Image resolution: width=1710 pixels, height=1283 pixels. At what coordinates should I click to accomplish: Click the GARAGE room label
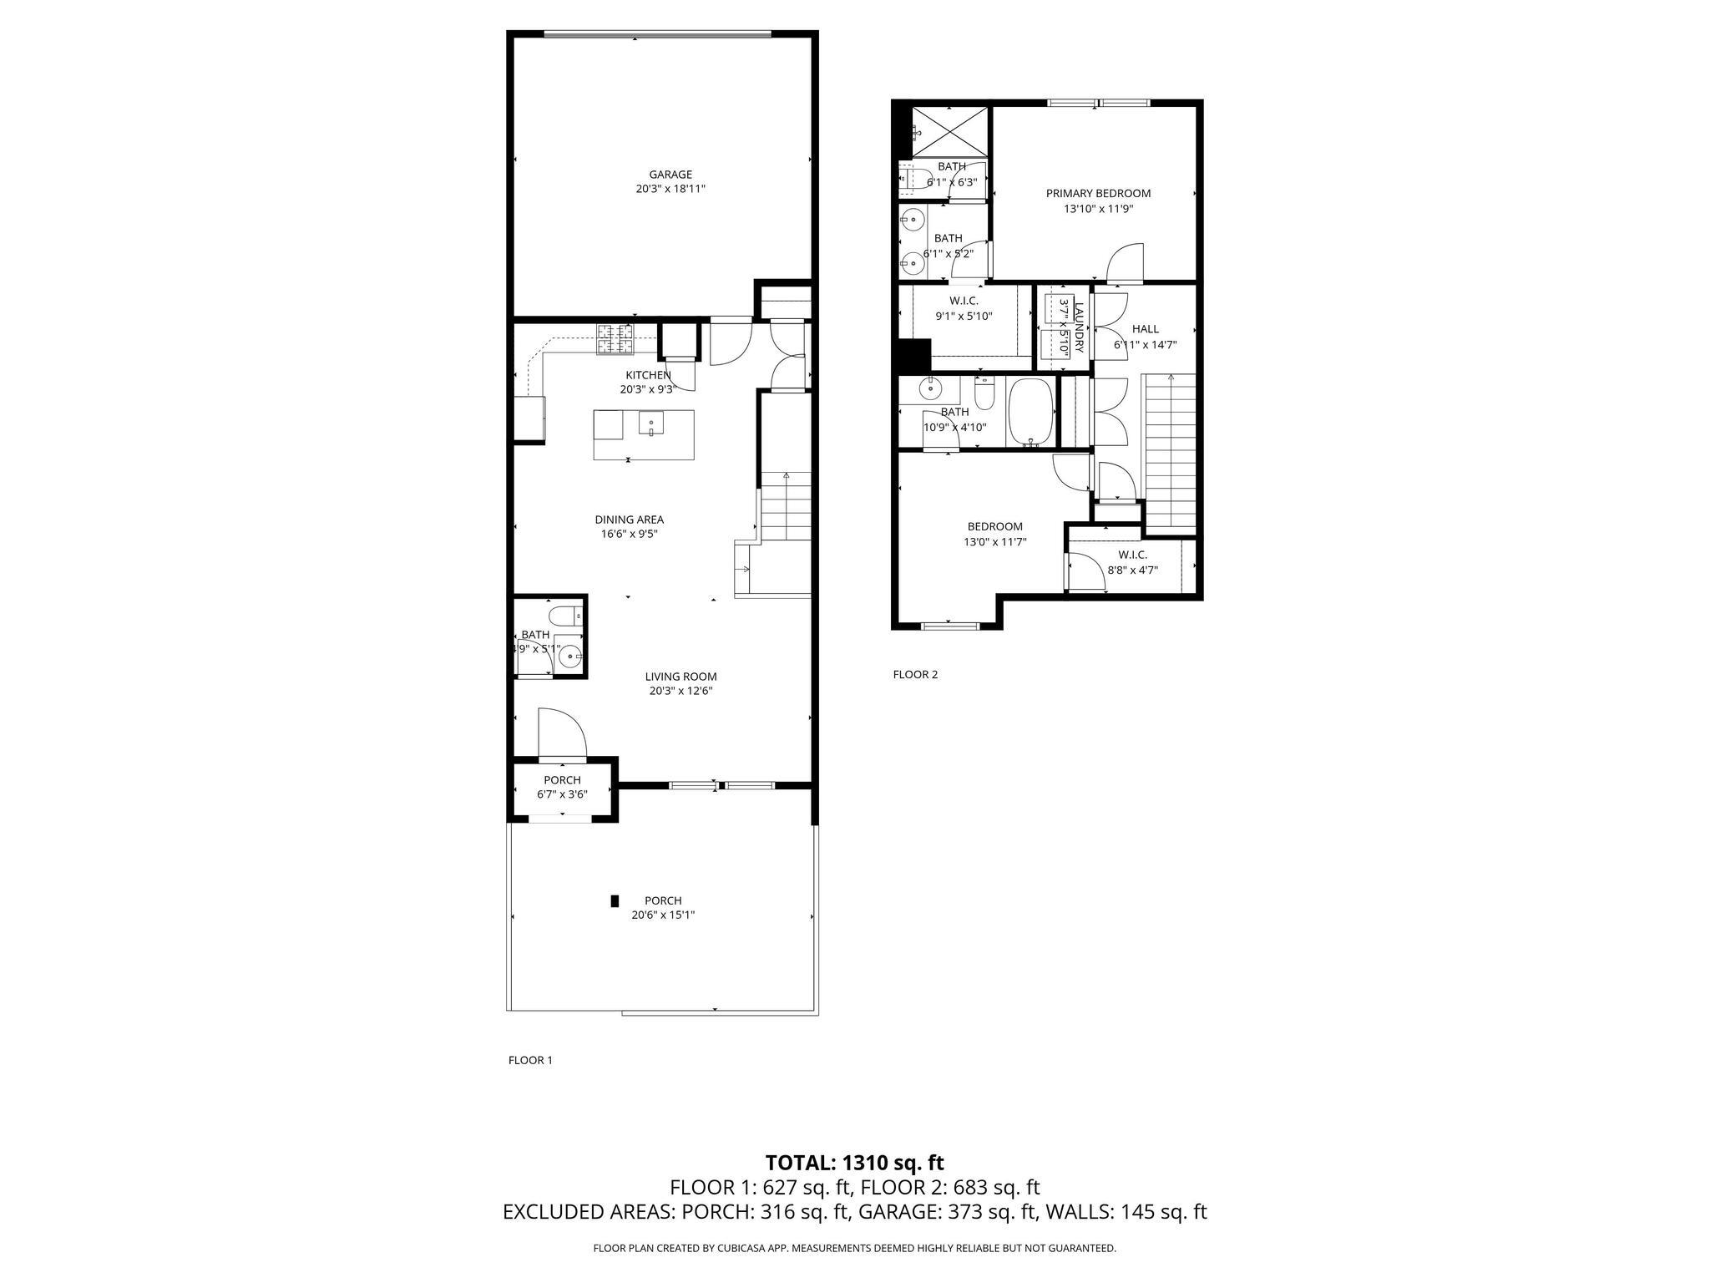pos(670,175)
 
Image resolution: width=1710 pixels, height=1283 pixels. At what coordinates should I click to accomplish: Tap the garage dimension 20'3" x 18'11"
pos(670,190)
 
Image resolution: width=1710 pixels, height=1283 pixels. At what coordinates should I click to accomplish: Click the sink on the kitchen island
pos(651,424)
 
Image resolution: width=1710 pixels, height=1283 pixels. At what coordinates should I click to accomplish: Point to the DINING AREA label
pos(629,520)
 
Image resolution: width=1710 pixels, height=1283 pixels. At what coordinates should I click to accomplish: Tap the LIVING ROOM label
pos(680,677)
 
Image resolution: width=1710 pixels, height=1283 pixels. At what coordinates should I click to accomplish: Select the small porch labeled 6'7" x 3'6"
pos(562,788)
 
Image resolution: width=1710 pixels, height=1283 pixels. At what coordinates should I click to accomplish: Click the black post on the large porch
pos(615,900)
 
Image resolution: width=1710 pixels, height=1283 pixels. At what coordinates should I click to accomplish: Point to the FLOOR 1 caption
pos(530,1060)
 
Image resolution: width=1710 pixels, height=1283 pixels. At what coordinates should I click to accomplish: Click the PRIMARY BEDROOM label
pos(1098,193)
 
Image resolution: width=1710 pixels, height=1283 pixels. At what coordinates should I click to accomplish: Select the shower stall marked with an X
pos(948,131)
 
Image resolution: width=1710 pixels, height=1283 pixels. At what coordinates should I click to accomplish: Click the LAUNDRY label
pos(1078,327)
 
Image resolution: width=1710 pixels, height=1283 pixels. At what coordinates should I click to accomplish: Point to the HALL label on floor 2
pos(1145,329)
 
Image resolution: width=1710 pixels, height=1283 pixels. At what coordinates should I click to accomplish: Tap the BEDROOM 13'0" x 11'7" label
pos(994,526)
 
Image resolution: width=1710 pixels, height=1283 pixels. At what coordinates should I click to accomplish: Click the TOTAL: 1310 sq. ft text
pos(854,1162)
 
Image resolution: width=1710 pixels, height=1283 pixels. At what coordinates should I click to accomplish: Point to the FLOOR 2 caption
pos(915,674)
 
